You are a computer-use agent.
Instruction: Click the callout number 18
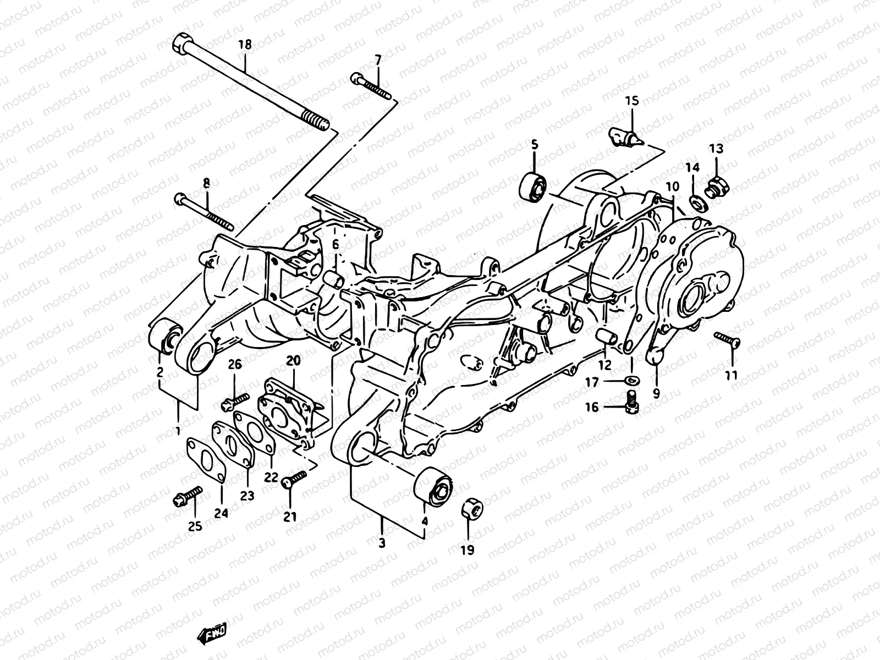245,45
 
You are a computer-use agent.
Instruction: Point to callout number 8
207,183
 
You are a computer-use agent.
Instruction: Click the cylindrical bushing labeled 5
532,187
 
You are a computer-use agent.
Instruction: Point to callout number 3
382,542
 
